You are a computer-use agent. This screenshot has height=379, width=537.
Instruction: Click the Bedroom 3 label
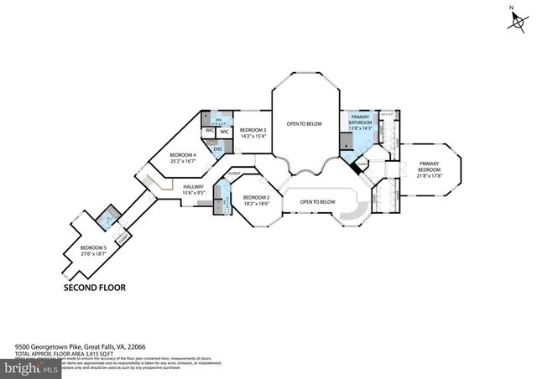pyautogui.click(x=253, y=130)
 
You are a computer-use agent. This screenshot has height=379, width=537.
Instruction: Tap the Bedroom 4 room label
pyautogui.click(x=182, y=155)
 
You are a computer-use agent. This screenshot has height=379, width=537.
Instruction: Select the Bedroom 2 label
pyautogui.click(x=255, y=198)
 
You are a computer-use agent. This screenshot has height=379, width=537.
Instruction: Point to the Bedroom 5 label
pyautogui.click(x=93, y=248)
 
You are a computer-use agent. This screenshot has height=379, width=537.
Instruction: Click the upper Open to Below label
pyautogui.click(x=304, y=124)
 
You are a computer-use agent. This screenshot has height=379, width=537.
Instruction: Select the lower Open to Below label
pyautogui.click(x=318, y=202)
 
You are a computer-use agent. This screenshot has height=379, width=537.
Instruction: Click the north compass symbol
pyautogui.click(x=512, y=20)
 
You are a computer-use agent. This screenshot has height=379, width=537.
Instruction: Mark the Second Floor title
pyautogui.click(x=95, y=287)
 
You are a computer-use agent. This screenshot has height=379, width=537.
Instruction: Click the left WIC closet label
pyautogui.click(x=209, y=132)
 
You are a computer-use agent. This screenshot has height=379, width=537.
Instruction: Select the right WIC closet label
pyautogui.click(x=225, y=132)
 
